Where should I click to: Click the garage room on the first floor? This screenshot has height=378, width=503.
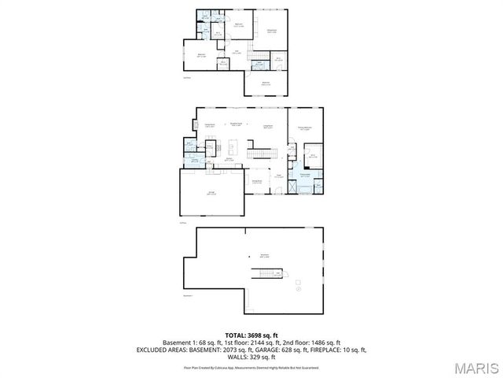coord(211,192)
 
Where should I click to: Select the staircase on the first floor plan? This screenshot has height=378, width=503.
coord(258,151)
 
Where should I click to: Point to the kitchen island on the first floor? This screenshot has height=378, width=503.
coord(233,147)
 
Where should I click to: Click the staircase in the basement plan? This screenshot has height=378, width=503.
coord(266,273)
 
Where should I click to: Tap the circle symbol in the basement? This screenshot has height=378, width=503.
coord(299,290)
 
